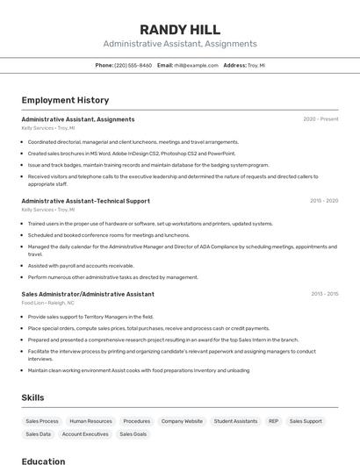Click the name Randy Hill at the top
coord(179,29)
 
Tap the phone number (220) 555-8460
coord(133,65)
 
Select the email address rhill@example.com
coord(195,65)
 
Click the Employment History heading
coord(65,100)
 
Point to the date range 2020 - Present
coord(320,119)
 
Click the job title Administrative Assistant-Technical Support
coord(85,201)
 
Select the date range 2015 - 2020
coord(323,201)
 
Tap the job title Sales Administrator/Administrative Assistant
coord(87,294)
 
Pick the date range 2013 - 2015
coord(323,294)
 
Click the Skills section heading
coord(32,397)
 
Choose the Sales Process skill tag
coord(42,421)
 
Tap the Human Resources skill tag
coord(91,421)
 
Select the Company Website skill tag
coord(182,421)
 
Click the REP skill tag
coord(273,421)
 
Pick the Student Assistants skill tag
coord(235,421)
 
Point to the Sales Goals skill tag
coord(133,434)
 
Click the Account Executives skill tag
coord(85,434)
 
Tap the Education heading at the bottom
coord(43,461)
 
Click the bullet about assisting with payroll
coord(81,265)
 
